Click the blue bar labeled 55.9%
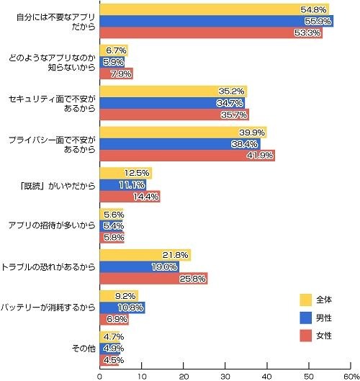click(x=216, y=22)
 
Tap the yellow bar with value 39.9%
click(x=183, y=132)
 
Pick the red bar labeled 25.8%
click(x=153, y=278)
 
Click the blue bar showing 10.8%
click(x=122, y=308)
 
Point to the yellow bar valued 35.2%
click(x=173, y=91)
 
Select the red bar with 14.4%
click(x=130, y=196)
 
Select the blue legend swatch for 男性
click(x=305, y=318)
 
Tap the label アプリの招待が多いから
click(x=56, y=225)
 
